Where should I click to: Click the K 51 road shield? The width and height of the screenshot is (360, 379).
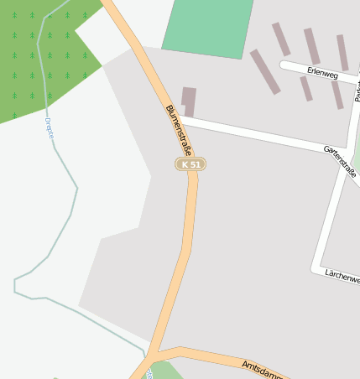click(190, 164)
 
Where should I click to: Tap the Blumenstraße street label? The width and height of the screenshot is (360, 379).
click(179, 130)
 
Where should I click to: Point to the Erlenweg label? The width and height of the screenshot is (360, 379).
click(322, 74)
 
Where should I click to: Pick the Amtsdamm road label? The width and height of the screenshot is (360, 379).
click(262, 369)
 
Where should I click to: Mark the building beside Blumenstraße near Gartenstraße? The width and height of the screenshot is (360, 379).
click(189, 101)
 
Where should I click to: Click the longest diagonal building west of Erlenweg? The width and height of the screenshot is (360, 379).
click(265, 72)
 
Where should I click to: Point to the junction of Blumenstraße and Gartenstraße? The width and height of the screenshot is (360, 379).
click(179, 119)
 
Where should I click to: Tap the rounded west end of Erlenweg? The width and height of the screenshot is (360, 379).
click(284, 65)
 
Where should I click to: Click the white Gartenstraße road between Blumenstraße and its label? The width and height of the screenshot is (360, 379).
click(252, 135)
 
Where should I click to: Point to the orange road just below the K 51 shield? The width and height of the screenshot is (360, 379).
click(191, 201)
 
